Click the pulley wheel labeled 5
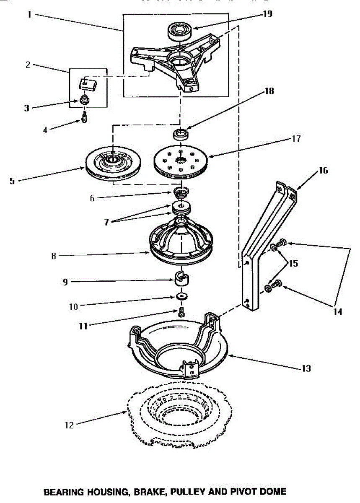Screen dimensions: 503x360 pos(113,162)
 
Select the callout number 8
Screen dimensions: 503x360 pos(53,256)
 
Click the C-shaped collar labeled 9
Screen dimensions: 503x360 pos(181,279)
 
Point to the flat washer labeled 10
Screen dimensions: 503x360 pos(181,297)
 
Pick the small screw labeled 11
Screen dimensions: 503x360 pos(181,312)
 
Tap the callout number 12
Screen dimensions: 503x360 pos(69,425)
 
